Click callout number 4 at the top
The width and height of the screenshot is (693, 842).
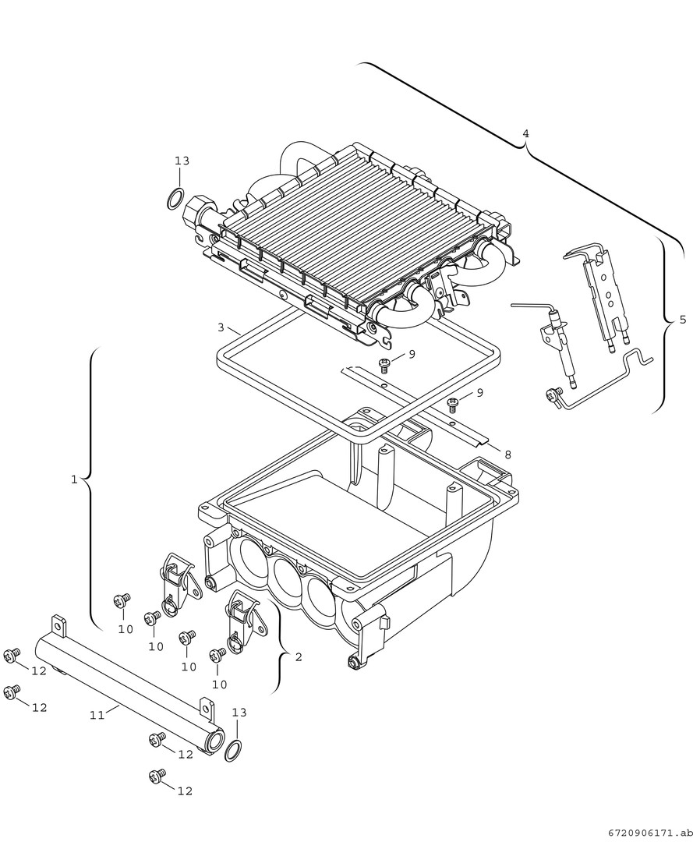click(525, 133)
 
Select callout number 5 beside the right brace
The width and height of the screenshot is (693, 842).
click(683, 320)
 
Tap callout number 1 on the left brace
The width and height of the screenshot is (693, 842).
click(74, 479)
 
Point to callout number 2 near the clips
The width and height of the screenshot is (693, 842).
click(298, 657)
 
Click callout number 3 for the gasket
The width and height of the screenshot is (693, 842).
click(221, 327)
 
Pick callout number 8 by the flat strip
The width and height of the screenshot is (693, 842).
click(507, 454)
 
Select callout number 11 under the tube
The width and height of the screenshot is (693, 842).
click(96, 714)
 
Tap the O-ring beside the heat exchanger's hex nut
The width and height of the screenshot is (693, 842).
click(176, 199)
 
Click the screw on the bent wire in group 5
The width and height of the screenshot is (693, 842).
click(553, 396)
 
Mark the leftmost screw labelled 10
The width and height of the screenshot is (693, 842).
click(121, 601)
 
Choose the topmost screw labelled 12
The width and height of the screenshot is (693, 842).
click(11, 656)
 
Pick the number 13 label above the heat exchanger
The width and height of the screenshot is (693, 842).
click(182, 161)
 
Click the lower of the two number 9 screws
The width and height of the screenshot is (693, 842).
click(453, 404)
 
